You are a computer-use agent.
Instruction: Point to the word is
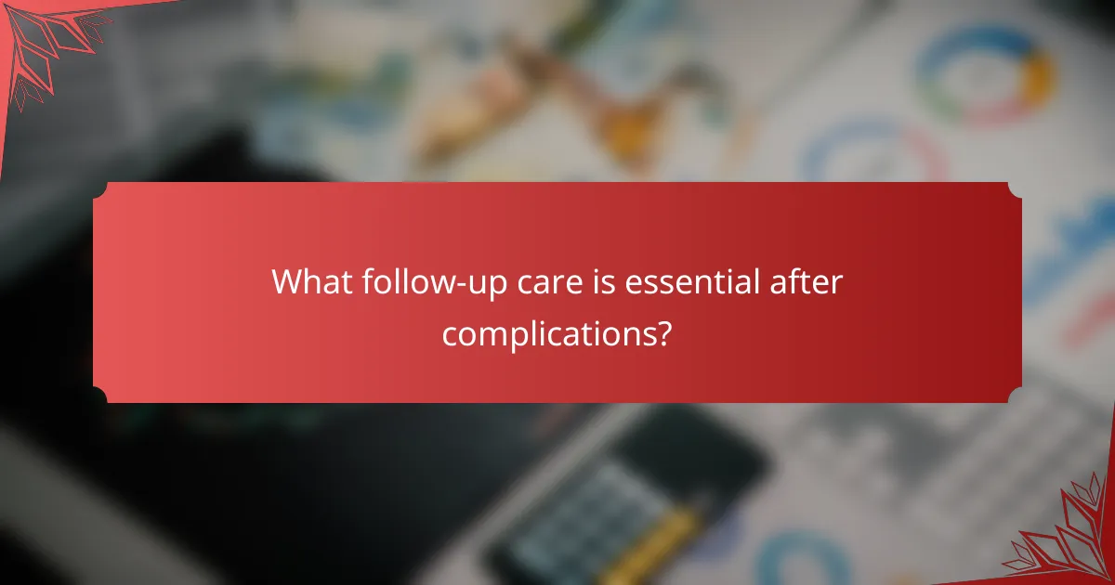(598, 282)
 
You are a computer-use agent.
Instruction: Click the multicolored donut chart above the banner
(985, 74)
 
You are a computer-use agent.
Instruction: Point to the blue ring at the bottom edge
(790, 562)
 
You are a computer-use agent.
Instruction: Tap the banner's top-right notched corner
(1015, 189)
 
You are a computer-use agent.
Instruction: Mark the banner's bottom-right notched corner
(1015, 396)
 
